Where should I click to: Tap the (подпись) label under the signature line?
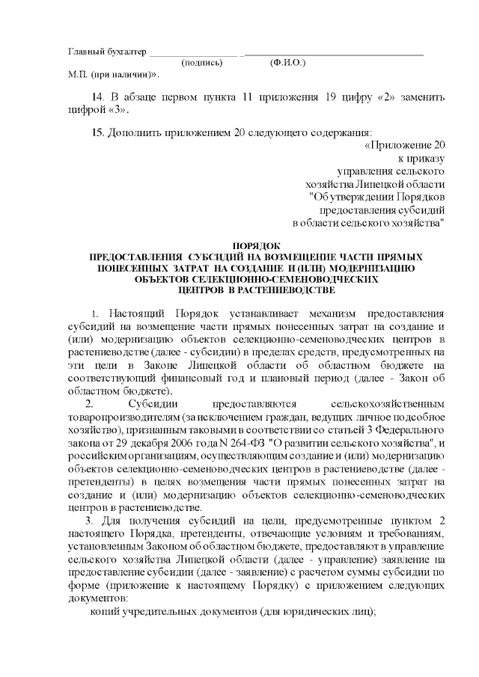click(202, 64)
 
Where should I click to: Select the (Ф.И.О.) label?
click(287, 64)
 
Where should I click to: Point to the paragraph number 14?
click(97, 98)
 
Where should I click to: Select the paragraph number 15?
click(97, 132)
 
